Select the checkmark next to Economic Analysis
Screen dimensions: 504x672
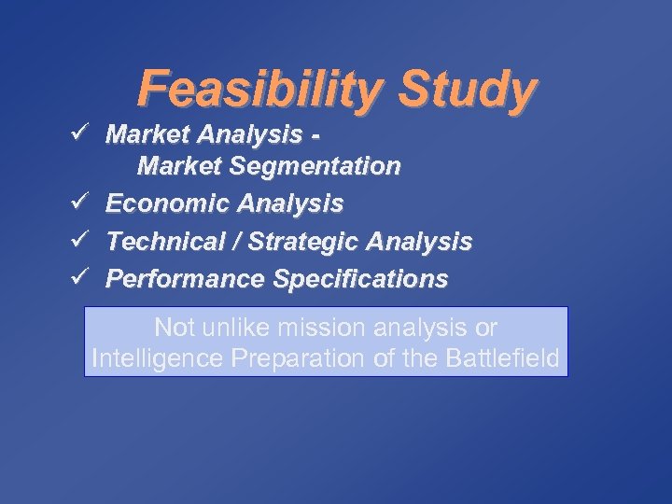(x=79, y=203)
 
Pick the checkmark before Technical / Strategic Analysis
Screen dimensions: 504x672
(x=79, y=241)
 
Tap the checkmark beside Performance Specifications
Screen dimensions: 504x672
(x=79, y=278)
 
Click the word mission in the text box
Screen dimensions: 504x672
(x=329, y=329)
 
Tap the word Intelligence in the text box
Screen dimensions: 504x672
(x=153, y=357)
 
